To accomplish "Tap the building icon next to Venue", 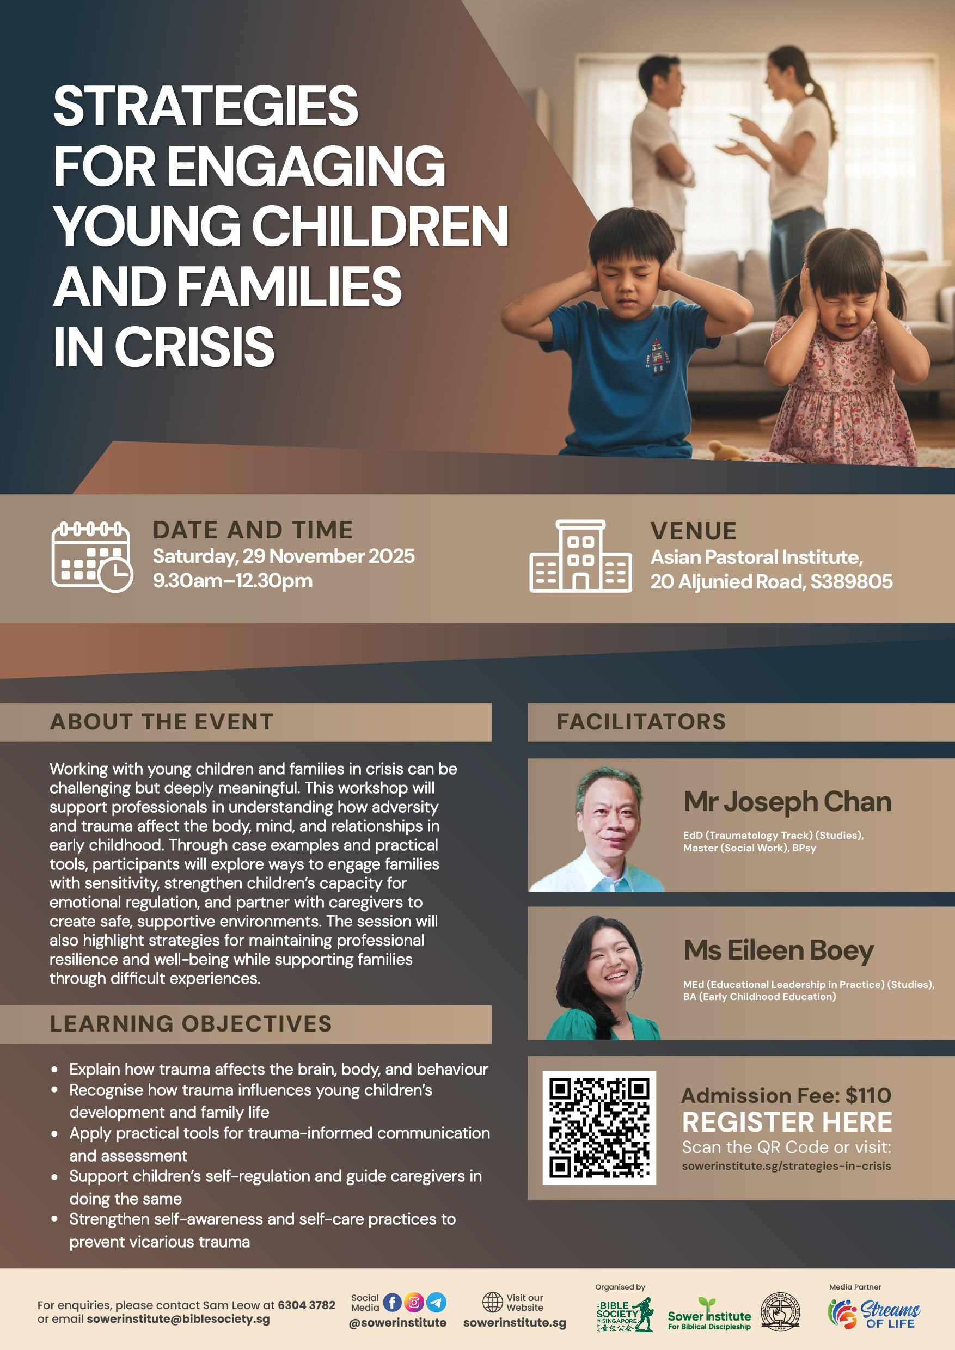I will tap(580, 556).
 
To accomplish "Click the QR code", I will tap(598, 1128).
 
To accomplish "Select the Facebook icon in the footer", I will tap(392, 1303).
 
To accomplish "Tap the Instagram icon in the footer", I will tap(414, 1303).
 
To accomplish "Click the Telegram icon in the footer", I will tap(436, 1303).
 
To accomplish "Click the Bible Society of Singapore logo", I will tap(624, 1315).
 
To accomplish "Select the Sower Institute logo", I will tap(709, 1315).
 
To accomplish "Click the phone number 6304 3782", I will tap(307, 1305).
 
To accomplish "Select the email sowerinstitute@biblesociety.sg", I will tap(178, 1319).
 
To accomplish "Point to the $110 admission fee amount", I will tap(868, 1095).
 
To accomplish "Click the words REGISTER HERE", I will tap(787, 1122).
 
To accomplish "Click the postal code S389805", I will tap(851, 581).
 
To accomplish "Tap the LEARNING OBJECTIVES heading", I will tap(191, 1024).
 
